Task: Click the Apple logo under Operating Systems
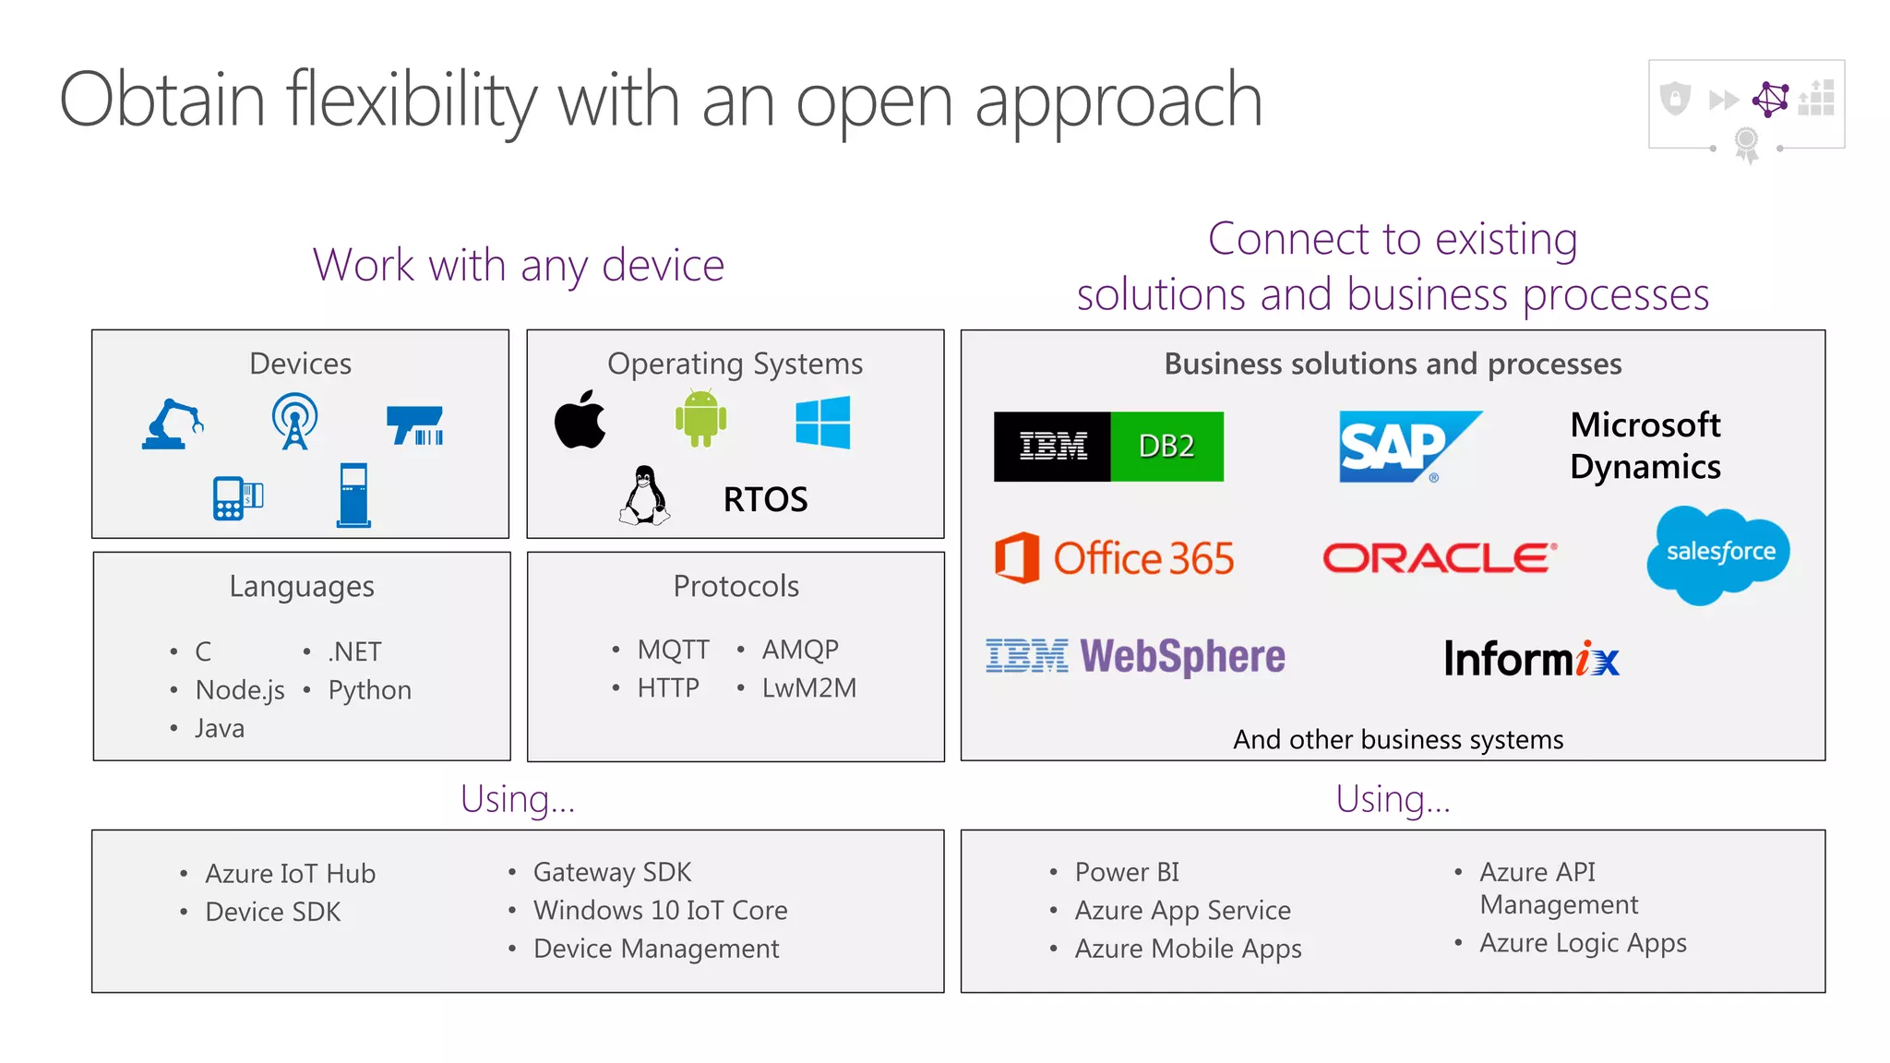[x=580, y=421]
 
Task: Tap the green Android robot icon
[x=700, y=419]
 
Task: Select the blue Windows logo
[x=822, y=423]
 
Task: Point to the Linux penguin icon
[x=644, y=496]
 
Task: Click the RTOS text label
[x=765, y=500]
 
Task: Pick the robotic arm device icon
[x=173, y=424]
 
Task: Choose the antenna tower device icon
[x=294, y=422]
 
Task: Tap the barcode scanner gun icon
[x=415, y=425]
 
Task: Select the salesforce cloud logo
[x=1719, y=553]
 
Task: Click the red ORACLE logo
[x=1440, y=558]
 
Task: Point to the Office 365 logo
[x=1115, y=558]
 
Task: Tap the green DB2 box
[x=1166, y=447]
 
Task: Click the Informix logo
[x=1531, y=659]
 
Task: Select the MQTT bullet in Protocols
[x=673, y=650]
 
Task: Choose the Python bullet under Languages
[x=369, y=690]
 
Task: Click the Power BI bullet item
[x=1126, y=872]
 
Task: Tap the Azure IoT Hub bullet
[x=290, y=874]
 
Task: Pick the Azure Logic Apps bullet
[x=1583, y=943]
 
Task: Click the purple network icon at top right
[x=1770, y=100]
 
